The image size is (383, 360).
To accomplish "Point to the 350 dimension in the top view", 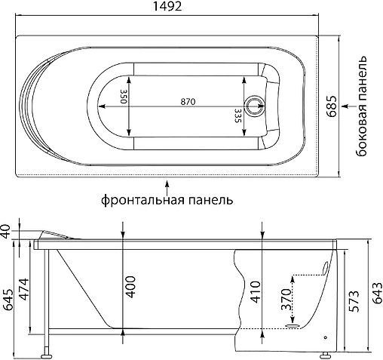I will click(123, 98).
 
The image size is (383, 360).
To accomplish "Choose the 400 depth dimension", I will click(130, 286).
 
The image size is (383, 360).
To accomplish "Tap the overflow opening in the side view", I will click(326, 266).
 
